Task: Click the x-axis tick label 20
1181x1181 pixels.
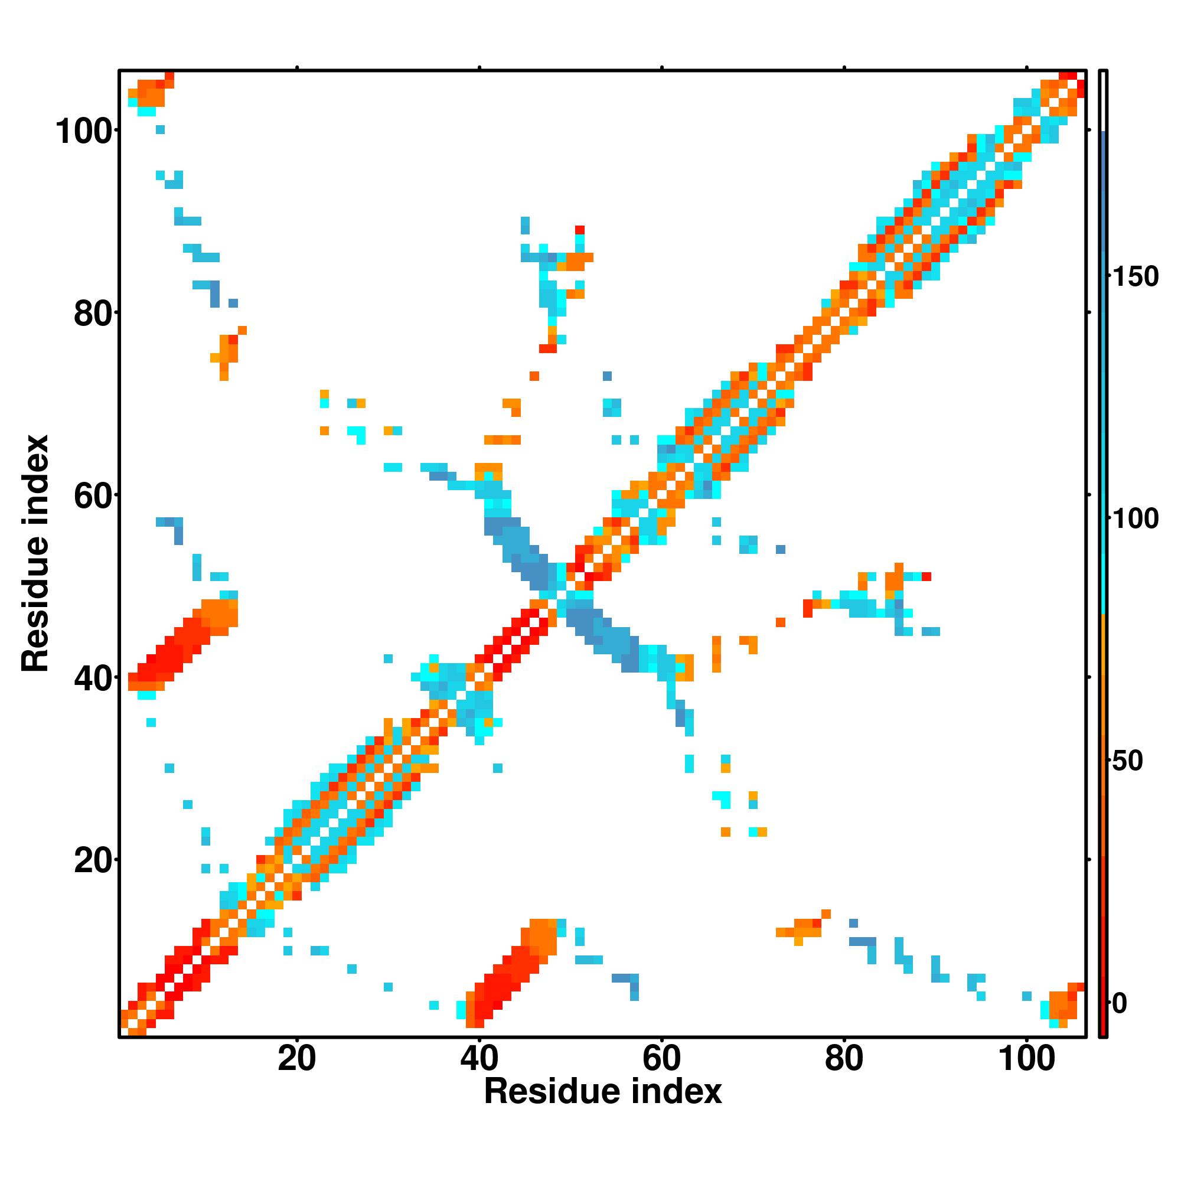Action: [x=296, y=1059]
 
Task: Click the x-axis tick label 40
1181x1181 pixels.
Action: [x=479, y=1059]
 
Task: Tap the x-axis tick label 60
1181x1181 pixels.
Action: [x=661, y=1059]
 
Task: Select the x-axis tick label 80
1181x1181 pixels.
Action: [x=844, y=1059]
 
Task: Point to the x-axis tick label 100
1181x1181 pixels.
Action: [x=1026, y=1059]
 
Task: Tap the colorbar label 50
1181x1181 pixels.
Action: [x=1128, y=762]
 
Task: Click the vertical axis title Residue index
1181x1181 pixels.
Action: [x=35, y=553]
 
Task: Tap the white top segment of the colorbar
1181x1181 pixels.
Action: [x=1104, y=101]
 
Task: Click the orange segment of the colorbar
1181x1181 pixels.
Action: [x=1104, y=673]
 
